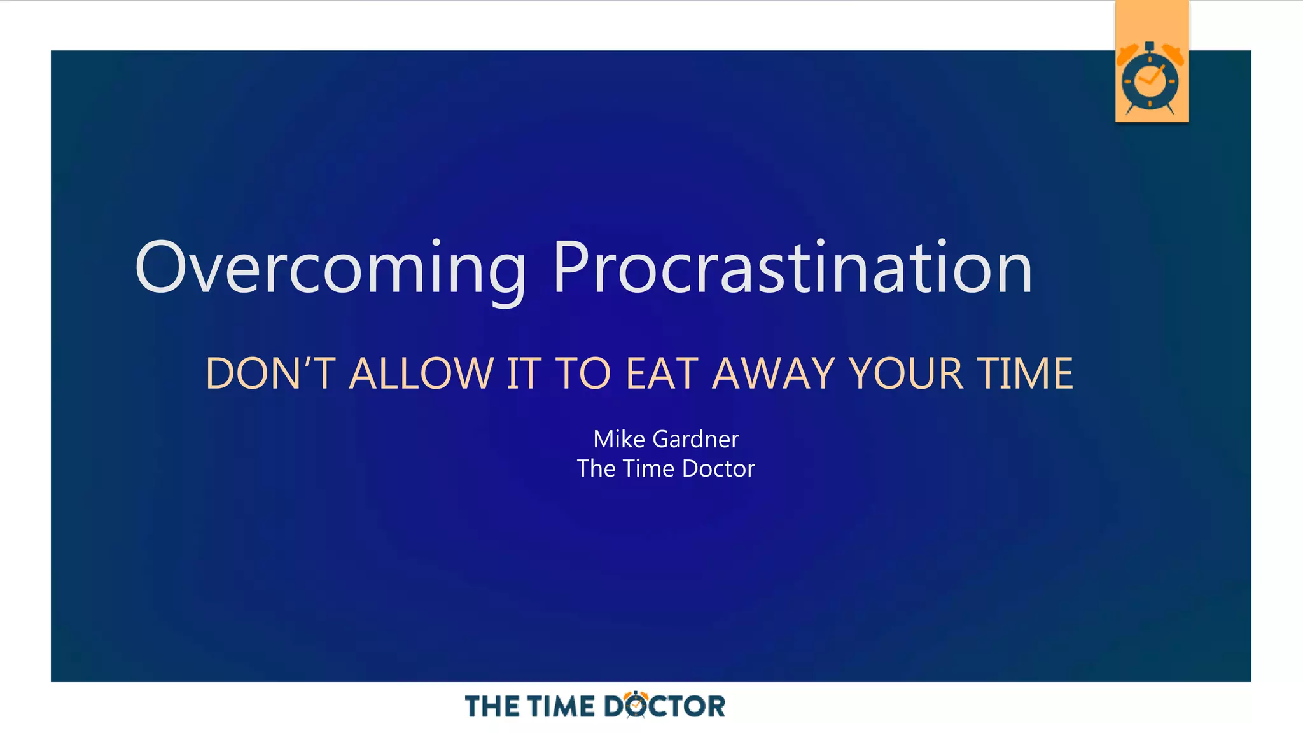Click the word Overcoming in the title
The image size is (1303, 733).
pyautogui.click(x=330, y=268)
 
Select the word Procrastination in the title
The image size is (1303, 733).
pyautogui.click(x=792, y=268)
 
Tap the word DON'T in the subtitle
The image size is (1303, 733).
pyautogui.click(x=270, y=373)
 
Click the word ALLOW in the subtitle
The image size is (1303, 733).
pyautogui.click(x=422, y=373)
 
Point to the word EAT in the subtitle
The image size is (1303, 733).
pyautogui.click(x=662, y=373)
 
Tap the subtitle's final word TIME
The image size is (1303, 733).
pyautogui.click(x=1025, y=373)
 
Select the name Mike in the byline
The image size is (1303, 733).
pyautogui.click(x=619, y=439)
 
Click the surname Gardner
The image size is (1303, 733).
pyautogui.click(x=696, y=439)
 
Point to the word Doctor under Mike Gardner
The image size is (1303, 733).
pyautogui.click(x=718, y=469)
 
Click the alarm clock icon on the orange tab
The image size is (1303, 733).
pyautogui.click(x=1150, y=79)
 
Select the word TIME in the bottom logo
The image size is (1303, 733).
pyautogui.click(x=561, y=706)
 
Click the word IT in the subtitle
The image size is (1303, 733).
pyautogui.click(x=523, y=373)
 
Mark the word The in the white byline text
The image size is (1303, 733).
pyautogui.click(x=596, y=469)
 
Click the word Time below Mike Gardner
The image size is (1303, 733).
pyautogui.click(x=648, y=469)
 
